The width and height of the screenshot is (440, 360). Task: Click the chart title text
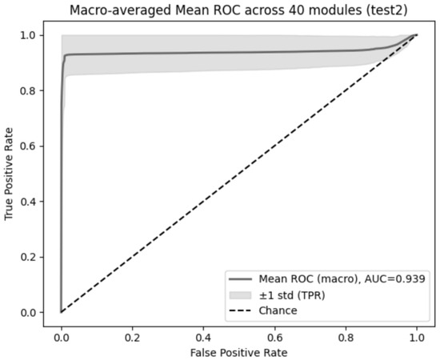pos(238,10)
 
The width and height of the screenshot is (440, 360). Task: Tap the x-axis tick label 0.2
pos(132,338)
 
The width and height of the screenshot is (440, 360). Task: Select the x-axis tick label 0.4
pos(203,338)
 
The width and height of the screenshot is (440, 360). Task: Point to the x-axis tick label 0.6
pos(274,338)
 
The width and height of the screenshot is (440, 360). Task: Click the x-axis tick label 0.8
pos(346,338)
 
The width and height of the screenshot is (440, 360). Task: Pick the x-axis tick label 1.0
pos(417,338)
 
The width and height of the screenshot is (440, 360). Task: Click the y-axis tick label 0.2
pos(28,257)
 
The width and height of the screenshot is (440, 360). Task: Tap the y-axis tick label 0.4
pos(28,202)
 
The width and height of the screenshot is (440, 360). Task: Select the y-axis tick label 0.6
pos(28,146)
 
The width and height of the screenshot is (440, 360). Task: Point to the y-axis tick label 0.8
pos(28,90)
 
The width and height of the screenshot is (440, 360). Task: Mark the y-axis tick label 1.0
pos(28,35)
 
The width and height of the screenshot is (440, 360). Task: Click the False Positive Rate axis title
pos(239,353)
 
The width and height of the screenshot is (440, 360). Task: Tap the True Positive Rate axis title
pos(9,174)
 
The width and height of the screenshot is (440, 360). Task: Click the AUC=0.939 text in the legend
pos(395,279)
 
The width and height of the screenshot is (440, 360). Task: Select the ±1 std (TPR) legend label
pos(292,295)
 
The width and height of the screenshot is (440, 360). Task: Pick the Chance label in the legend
pos(278,310)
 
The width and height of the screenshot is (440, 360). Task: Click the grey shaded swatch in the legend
pos(240,295)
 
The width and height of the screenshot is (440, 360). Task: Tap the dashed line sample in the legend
pos(240,310)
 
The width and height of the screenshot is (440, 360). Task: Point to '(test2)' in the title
pos(386,10)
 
